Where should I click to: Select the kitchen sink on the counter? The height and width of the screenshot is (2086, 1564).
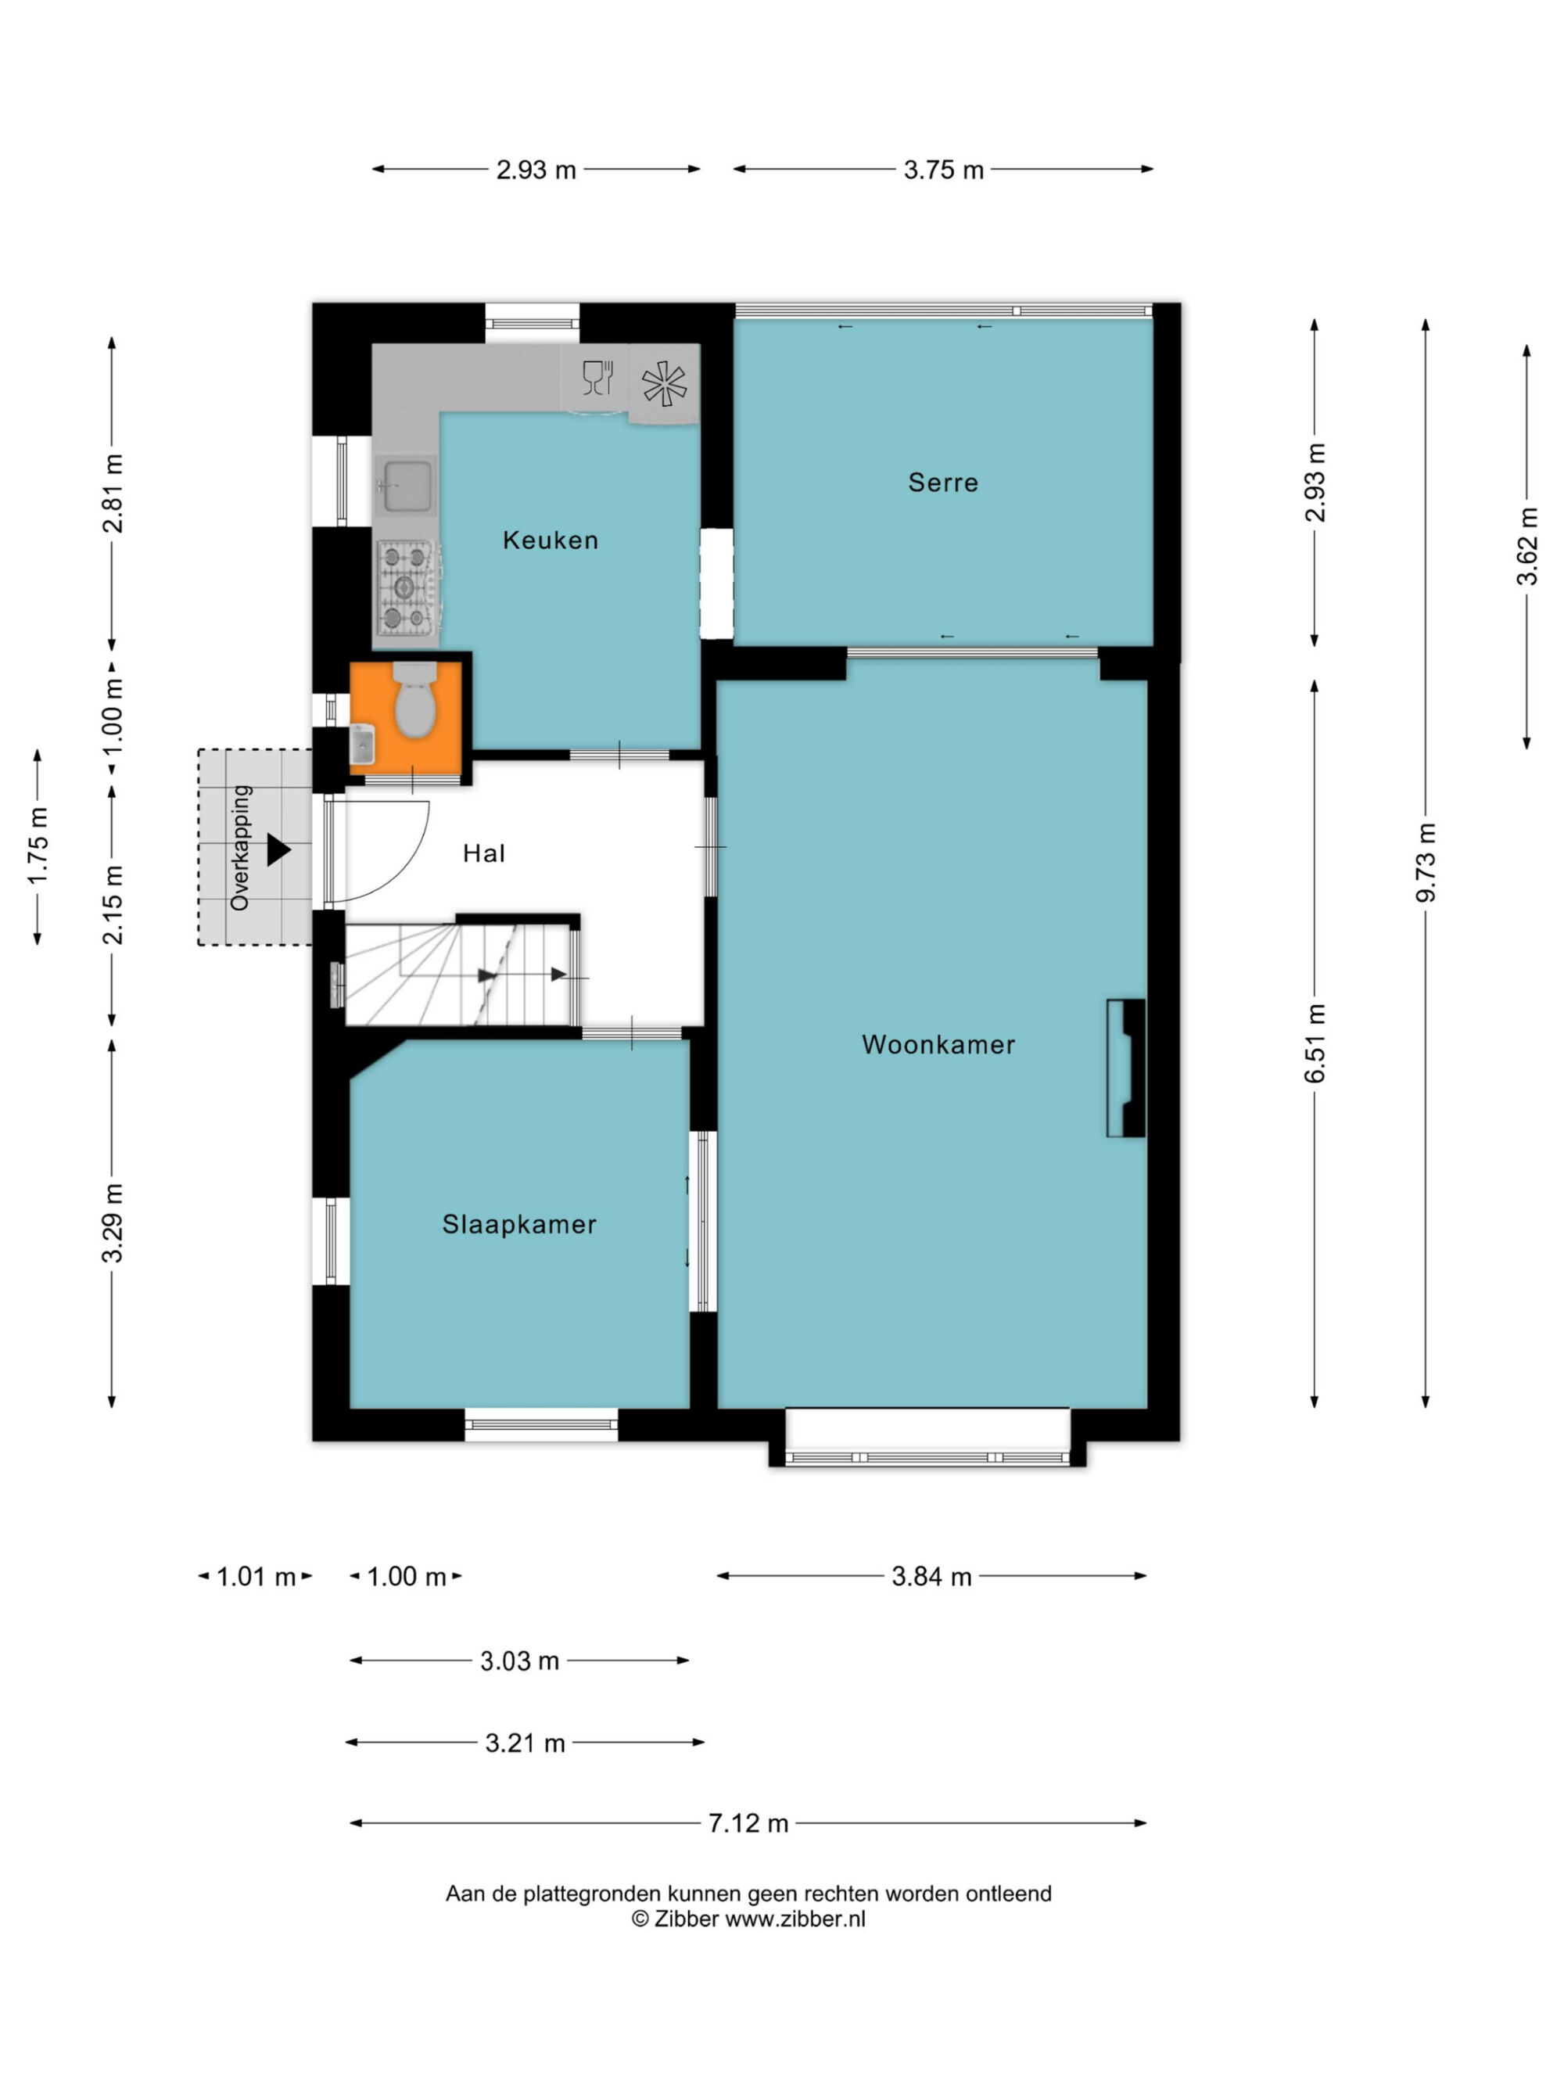(x=407, y=486)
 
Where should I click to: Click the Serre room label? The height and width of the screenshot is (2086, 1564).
(x=943, y=483)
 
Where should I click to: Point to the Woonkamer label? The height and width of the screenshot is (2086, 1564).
(x=938, y=1044)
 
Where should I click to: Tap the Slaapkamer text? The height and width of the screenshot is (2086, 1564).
(x=519, y=1224)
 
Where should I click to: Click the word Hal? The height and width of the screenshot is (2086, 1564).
(x=483, y=853)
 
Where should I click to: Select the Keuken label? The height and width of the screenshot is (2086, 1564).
(x=551, y=540)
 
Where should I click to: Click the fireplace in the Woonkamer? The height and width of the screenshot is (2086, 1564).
(x=1125, y=1068)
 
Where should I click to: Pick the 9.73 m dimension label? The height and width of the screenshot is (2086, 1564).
(x=1426, y=862)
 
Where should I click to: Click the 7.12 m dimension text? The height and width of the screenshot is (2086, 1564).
(x=748, y=1823)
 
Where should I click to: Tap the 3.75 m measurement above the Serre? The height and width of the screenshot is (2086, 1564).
(x=944, y=170)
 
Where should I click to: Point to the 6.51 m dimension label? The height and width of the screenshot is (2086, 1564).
(x=1315, y=1043)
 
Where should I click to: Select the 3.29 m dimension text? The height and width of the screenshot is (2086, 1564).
(x=112, y=1223)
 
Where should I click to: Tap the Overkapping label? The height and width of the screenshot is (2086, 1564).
(x=240, y=848)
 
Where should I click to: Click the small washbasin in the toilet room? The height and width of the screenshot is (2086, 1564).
(x=362, y=744)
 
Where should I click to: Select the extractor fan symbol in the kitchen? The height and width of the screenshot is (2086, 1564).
(x=664, y=384)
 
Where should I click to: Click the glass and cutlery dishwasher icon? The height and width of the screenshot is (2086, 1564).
(x=597, y=377)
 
